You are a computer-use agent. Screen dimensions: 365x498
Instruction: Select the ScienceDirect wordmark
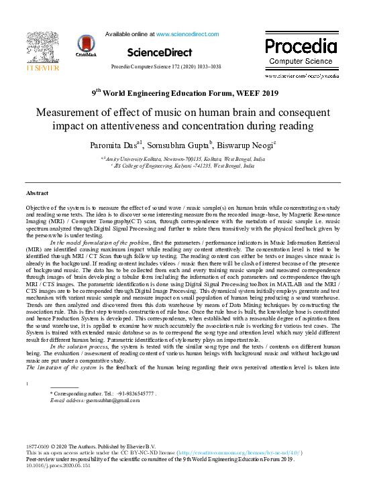155,52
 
